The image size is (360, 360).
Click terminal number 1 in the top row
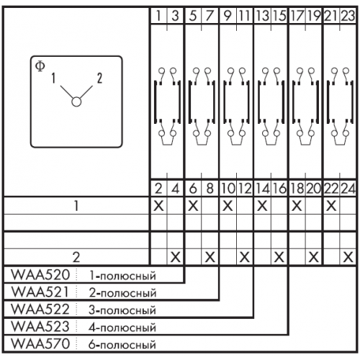point(158,16)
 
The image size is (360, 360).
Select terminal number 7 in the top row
point(210,16)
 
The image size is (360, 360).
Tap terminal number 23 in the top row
point(348,16)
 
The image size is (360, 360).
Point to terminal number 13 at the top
point(262,16)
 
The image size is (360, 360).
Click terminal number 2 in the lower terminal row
point(158,189)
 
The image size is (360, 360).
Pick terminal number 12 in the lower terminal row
point(245,189)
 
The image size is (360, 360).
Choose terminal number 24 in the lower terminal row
point(348,189)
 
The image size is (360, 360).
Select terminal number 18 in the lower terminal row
point(297,189)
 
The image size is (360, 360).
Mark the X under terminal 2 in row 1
point(158,206)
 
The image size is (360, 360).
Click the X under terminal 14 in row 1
point(262,206)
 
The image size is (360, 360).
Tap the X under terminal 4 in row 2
point(176,258)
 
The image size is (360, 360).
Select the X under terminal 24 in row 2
point(348,258)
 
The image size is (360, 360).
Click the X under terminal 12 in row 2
point(245,258)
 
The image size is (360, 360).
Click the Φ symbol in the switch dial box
point(40,66)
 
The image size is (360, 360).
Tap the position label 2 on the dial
point(99,78)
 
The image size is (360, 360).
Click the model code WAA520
point(40,274)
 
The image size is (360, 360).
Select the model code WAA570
point(40,343)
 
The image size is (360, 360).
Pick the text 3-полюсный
point(122,310)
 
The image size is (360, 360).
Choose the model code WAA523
point(40,326)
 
